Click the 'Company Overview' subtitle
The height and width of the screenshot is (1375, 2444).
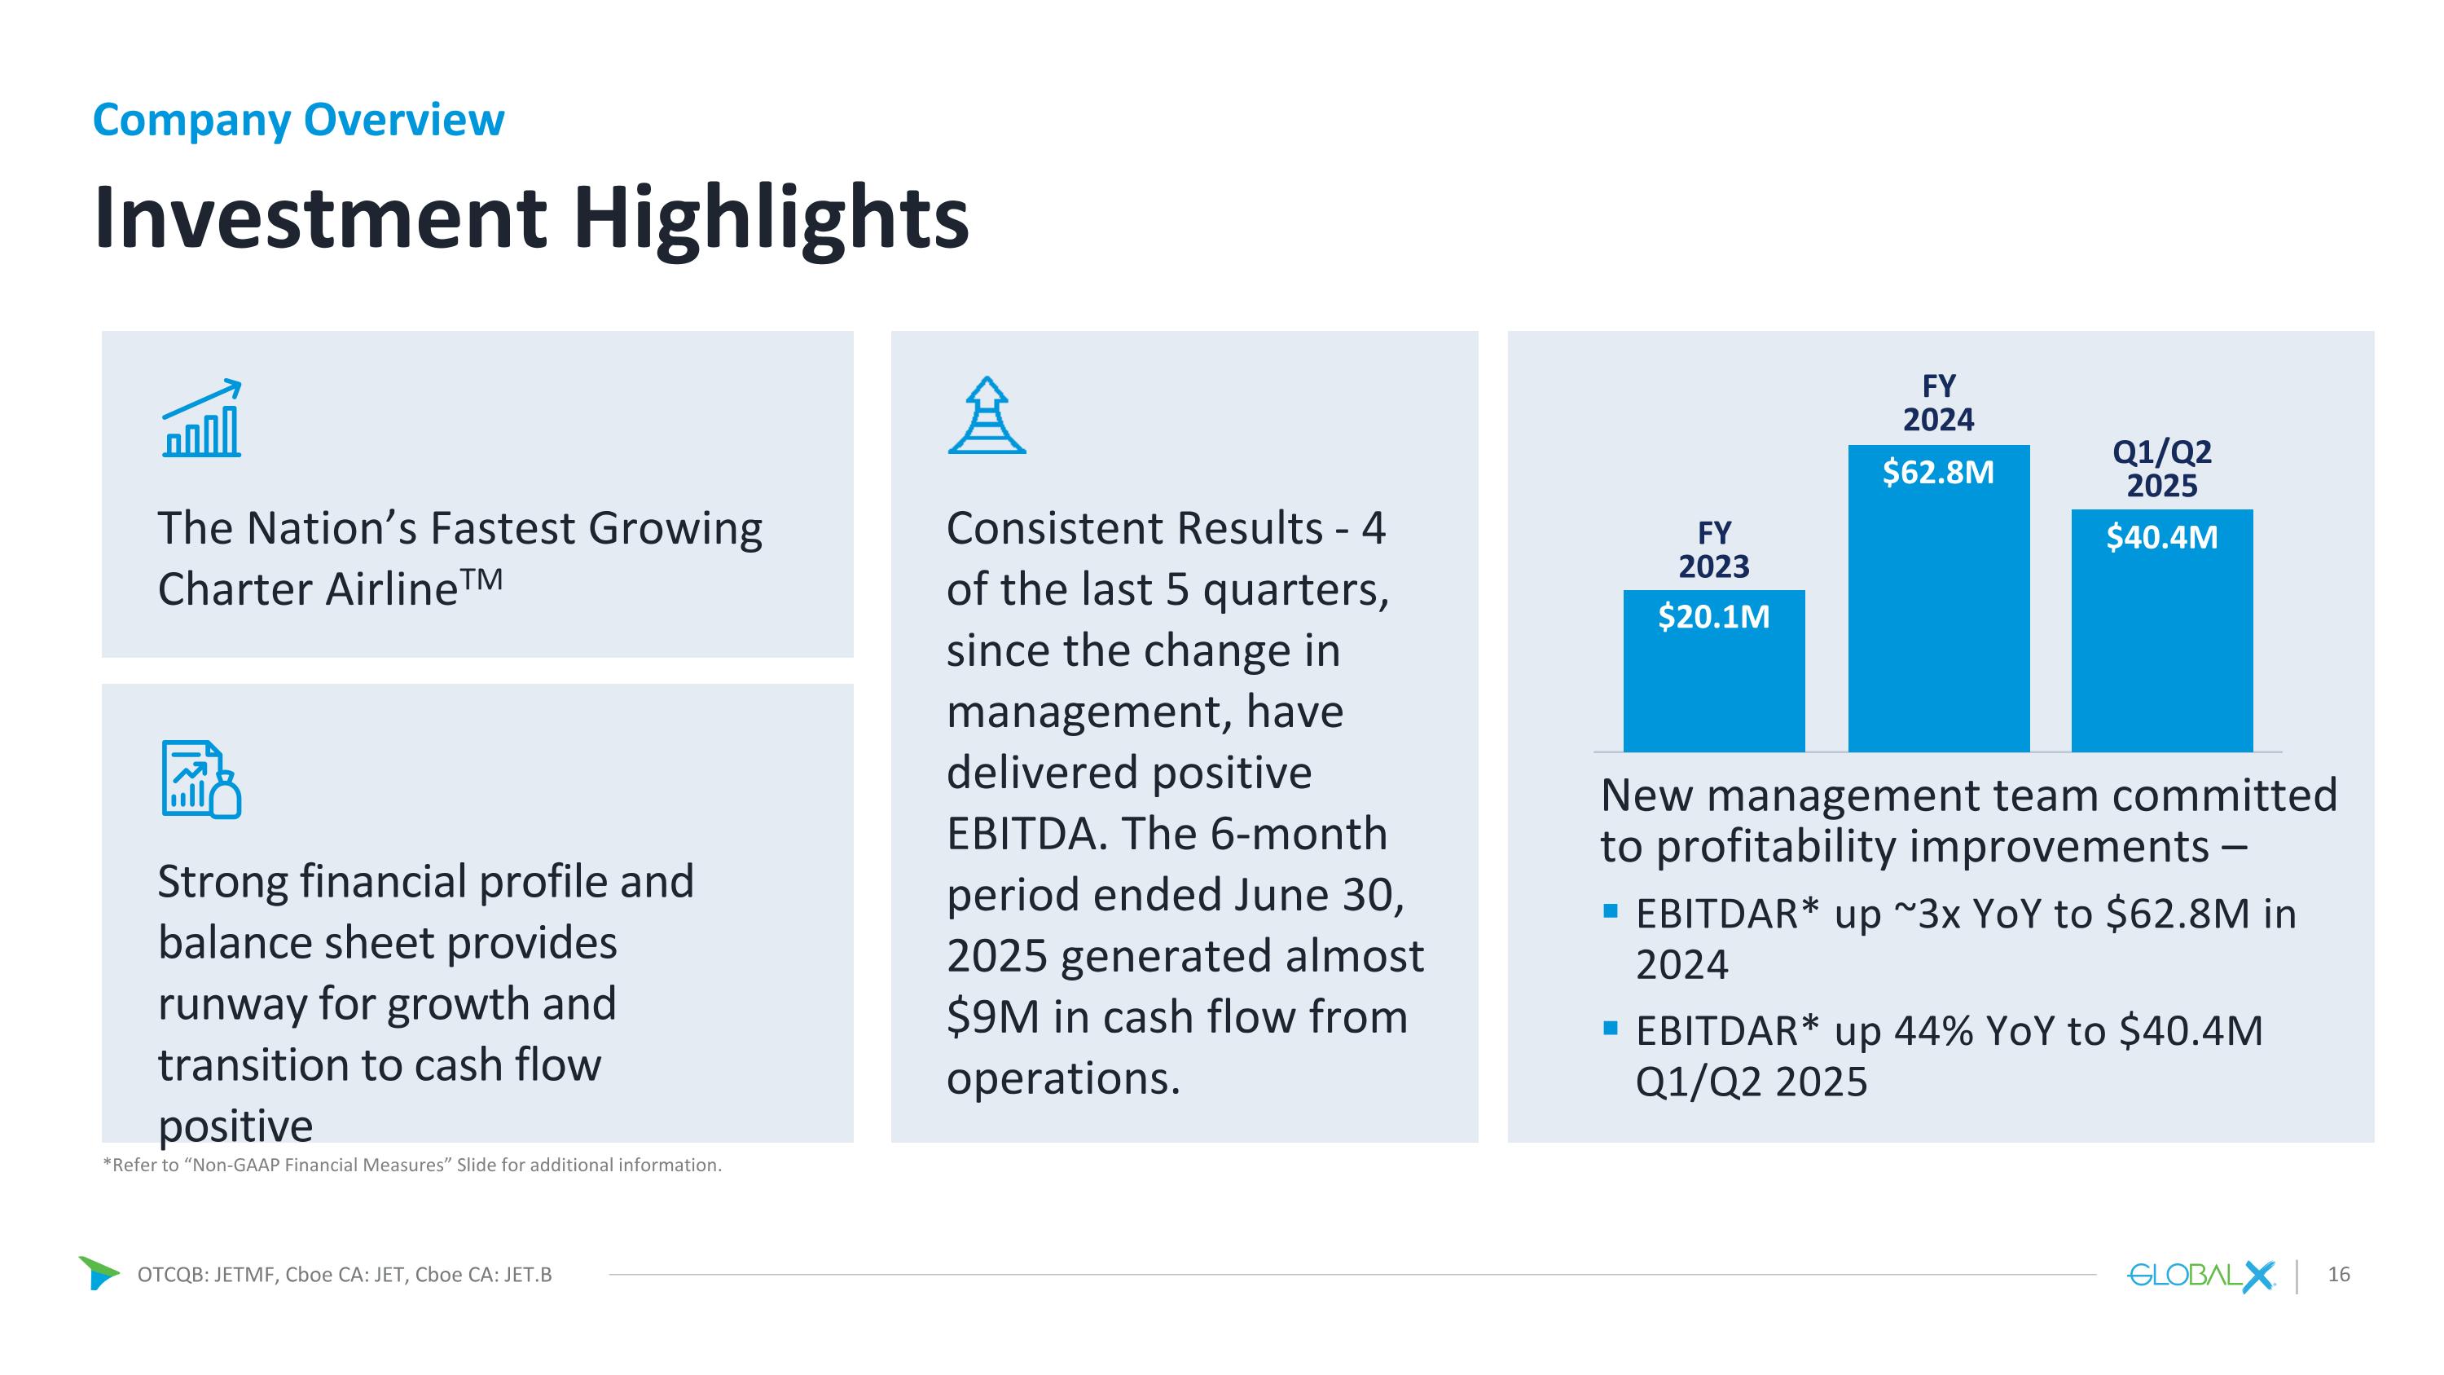298,121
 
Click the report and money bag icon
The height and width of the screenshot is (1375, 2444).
201,779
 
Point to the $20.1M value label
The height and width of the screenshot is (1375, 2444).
1713,618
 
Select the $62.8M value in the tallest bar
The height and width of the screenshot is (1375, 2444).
1938,473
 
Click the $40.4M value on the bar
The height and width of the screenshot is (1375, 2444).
2161,538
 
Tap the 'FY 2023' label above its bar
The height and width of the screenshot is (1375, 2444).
1713,549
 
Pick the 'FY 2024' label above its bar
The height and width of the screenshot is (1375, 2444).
1938,403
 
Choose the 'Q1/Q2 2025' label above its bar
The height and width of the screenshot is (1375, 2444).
2161,469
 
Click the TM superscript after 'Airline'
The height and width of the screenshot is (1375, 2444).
482,579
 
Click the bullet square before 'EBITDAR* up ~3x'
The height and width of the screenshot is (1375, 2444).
1610,912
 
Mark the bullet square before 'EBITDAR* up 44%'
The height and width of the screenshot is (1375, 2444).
1610,1028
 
